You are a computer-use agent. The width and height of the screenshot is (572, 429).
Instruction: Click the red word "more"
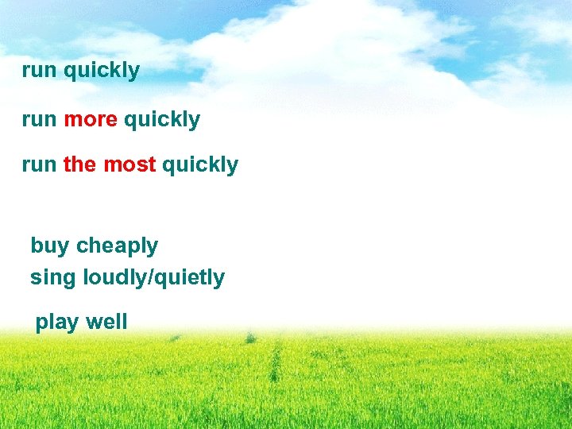(x=91, y=120)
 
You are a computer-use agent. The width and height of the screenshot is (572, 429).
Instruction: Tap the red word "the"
(x=79, y=164)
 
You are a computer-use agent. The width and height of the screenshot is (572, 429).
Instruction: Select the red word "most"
(x=129, y=164)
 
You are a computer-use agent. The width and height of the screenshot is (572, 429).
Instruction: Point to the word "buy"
(x=49, y=246)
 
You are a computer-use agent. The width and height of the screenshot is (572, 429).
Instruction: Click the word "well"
(x=106, y=322)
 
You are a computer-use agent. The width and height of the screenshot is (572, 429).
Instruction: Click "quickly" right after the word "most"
(x=200, y=165)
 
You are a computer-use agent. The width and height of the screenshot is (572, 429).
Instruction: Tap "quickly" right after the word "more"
(x=162, y=121)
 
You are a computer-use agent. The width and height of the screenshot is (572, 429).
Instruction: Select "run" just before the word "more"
(x=39, y=120)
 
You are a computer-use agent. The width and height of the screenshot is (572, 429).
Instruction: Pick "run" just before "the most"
(x=39, y=164)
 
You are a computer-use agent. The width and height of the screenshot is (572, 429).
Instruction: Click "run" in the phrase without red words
(x=39, y=70)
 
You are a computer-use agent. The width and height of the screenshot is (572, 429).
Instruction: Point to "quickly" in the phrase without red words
(x=101, y=71)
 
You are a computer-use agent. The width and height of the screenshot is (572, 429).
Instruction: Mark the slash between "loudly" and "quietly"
(x=148, y=278)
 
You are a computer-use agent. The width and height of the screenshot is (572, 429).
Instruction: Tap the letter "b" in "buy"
(x=36, y=245)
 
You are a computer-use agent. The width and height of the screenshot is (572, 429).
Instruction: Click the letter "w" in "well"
(x=92, y=323)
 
